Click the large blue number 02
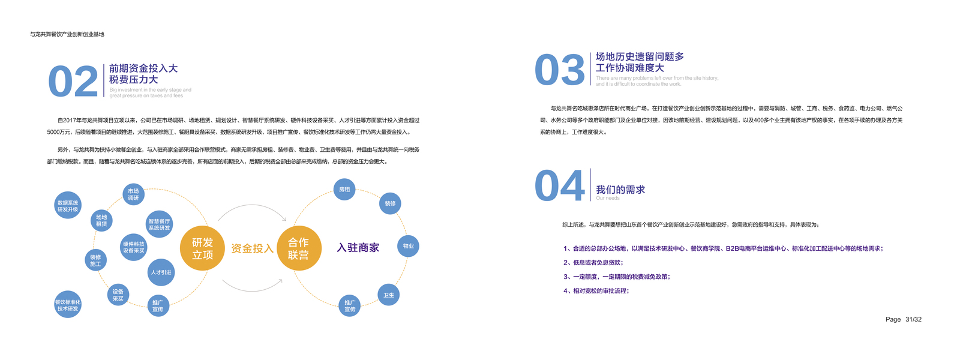point(73,82)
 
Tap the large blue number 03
point(559,70)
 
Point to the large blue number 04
point(559,185)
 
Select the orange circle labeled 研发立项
point(202,248)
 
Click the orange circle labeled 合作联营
point(298,248)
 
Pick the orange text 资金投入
point(252,248)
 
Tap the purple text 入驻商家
point(358,248)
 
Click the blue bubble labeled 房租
point(344,190)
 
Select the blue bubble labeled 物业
point(408,246)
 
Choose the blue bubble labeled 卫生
point(389,295)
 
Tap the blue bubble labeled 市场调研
point(133,194)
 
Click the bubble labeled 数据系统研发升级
point(68,206)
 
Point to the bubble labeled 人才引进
point(161,272)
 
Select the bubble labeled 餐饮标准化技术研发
point(68,305)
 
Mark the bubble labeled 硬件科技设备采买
point(134,247)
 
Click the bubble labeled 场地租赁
point(101,221)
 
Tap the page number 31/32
point(913,319)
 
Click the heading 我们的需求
point(620,190)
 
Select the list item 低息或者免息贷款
point(594,262)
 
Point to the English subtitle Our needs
point(608,198)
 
